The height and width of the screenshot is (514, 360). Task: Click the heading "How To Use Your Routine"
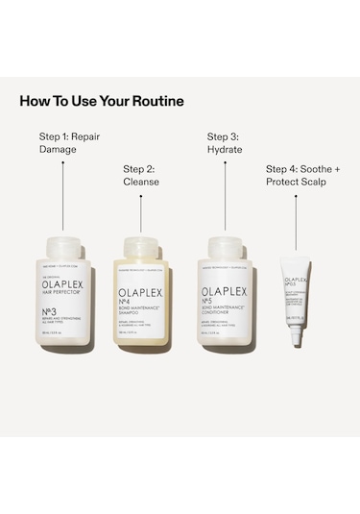(x=102, y=100)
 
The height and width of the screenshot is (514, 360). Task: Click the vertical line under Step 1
(x=63, y=193)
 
